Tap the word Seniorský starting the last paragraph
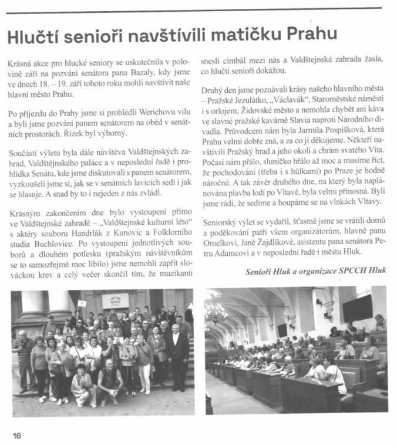click(220, 223)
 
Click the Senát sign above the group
click(116, 300)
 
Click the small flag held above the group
click(82, 303)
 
